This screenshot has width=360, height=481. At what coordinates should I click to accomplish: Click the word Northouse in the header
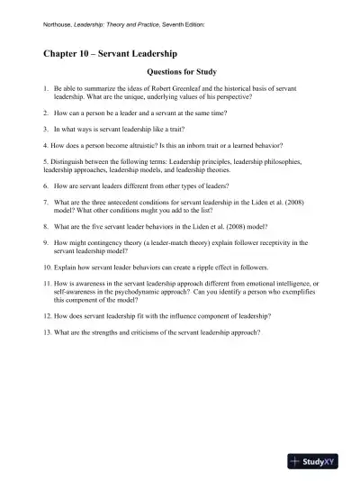[x=60, y=24]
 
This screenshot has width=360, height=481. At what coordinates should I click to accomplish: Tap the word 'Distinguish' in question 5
[x=67, y=160]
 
